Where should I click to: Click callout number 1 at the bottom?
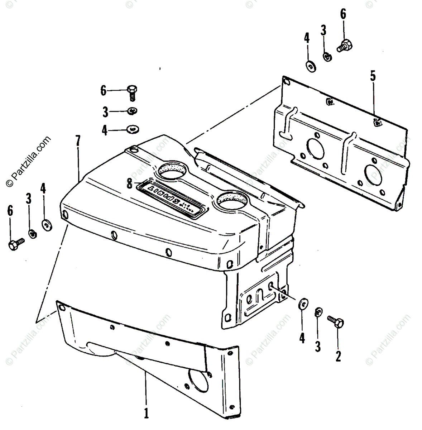point(146,414)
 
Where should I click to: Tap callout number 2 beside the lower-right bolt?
point(338,357)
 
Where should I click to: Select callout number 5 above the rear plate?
point(373,77)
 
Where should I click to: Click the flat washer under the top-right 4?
point(308,66)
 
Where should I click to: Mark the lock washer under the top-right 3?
point(327,57)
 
